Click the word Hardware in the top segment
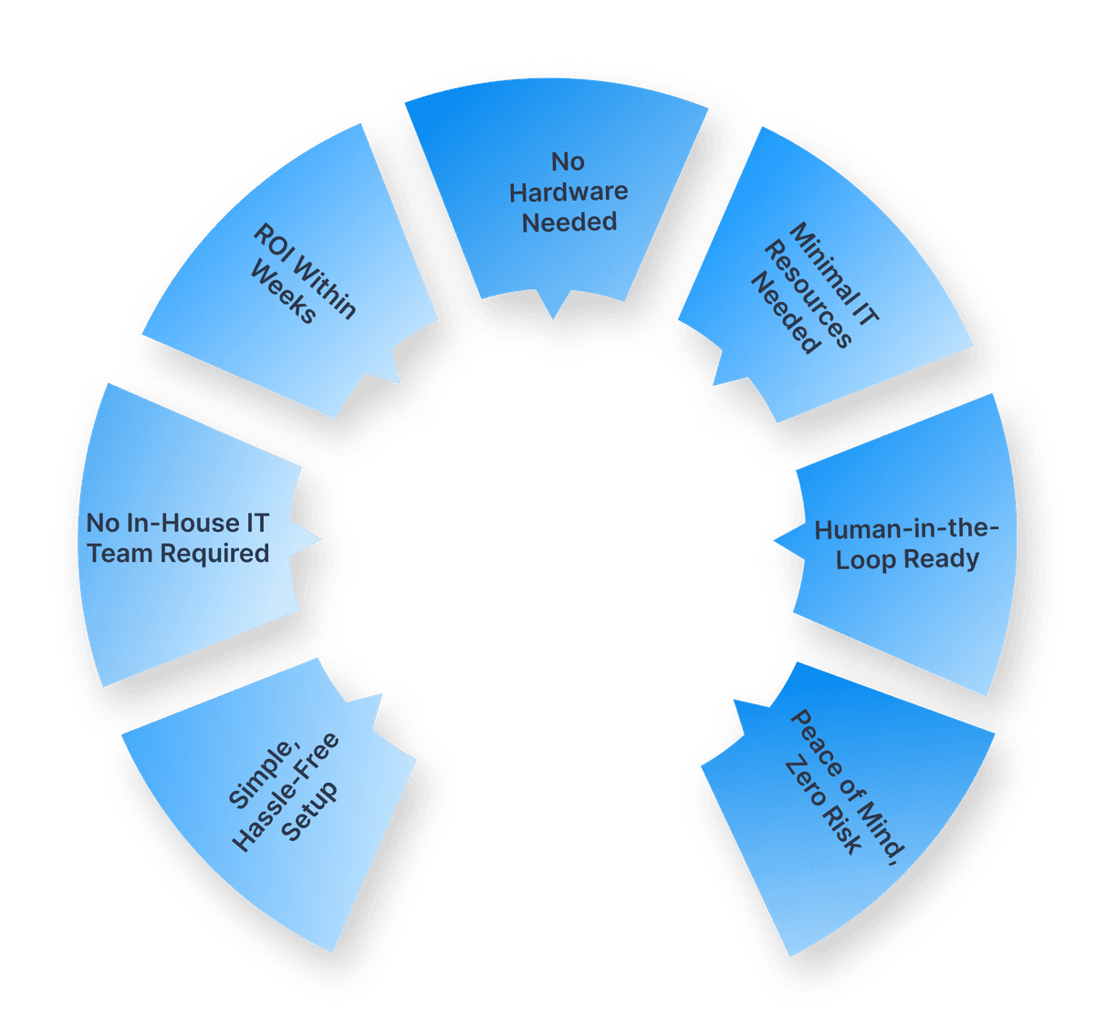(x=568, y=192)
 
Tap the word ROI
(x=272, y=244)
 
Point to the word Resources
(x=808, y=296)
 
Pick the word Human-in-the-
(x=907, y=529)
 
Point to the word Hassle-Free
(x=286, y=792)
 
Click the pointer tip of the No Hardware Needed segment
(x=553, y=319)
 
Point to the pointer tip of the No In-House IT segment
(x=319, y=538)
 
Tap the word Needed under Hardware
(x=568, y=222)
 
